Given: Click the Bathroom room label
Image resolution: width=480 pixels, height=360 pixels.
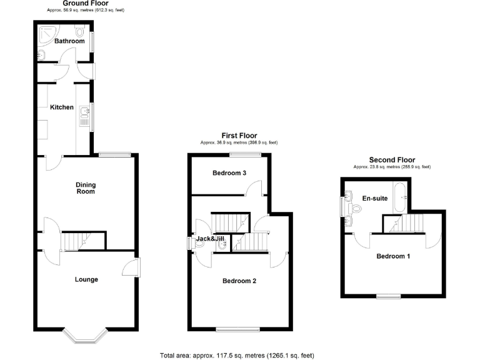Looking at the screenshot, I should click(69, 41).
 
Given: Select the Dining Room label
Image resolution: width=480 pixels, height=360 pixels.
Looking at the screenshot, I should click(86, 187).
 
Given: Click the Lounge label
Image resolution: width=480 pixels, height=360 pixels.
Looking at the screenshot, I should click(86, 279).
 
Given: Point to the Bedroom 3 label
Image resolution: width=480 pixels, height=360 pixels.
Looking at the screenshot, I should click(228, 173).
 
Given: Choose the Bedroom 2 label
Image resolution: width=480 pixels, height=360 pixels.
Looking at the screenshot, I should click(239, 281).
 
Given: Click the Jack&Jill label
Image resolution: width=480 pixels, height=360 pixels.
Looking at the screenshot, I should click(209, 238).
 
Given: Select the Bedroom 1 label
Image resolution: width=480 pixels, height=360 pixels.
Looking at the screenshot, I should click(393, 256).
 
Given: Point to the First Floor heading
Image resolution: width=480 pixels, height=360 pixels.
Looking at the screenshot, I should click(239, 136).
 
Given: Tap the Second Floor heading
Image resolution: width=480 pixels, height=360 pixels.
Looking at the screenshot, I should click(392, 160).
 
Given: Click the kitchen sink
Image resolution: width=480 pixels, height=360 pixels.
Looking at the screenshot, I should click(83, 115).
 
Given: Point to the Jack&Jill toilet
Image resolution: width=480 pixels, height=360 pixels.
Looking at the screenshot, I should click(222, 245).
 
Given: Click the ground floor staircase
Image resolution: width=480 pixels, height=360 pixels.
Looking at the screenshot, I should click(76, 241).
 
